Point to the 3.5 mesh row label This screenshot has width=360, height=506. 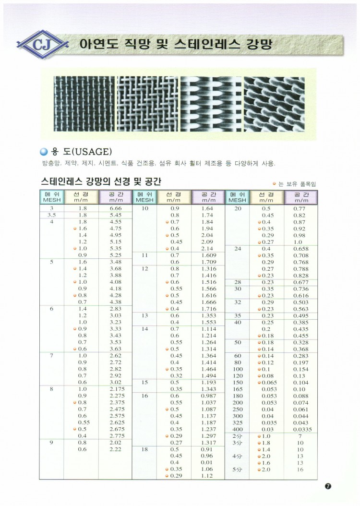click(52, 216)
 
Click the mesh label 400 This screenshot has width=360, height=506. click(238, 429)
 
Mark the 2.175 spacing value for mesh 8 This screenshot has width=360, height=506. click(117, 389)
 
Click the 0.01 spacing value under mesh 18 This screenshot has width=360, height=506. click(207, 462)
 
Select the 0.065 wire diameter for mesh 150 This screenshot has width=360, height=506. click(268, 382)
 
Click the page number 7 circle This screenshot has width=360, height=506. click(328, 486)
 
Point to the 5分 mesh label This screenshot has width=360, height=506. click(237, 470)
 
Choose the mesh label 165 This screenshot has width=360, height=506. click(238, 389)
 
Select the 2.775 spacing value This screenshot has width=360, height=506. click(117, 435)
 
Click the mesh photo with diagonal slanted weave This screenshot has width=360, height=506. click(274, 105)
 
